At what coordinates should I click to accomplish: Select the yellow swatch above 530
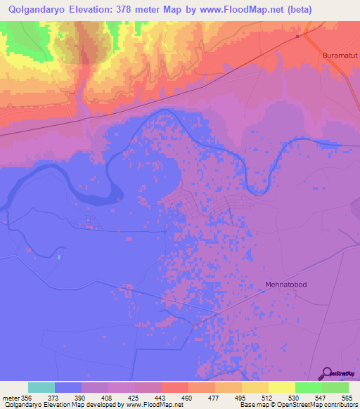click(x=281, y=387)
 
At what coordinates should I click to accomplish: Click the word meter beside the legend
click(x=9, y=398)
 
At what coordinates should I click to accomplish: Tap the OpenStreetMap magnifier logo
click(x=326, y=372)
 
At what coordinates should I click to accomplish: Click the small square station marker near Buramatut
click(x=298, y=37)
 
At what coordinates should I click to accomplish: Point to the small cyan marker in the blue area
click(x=59, y=257)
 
